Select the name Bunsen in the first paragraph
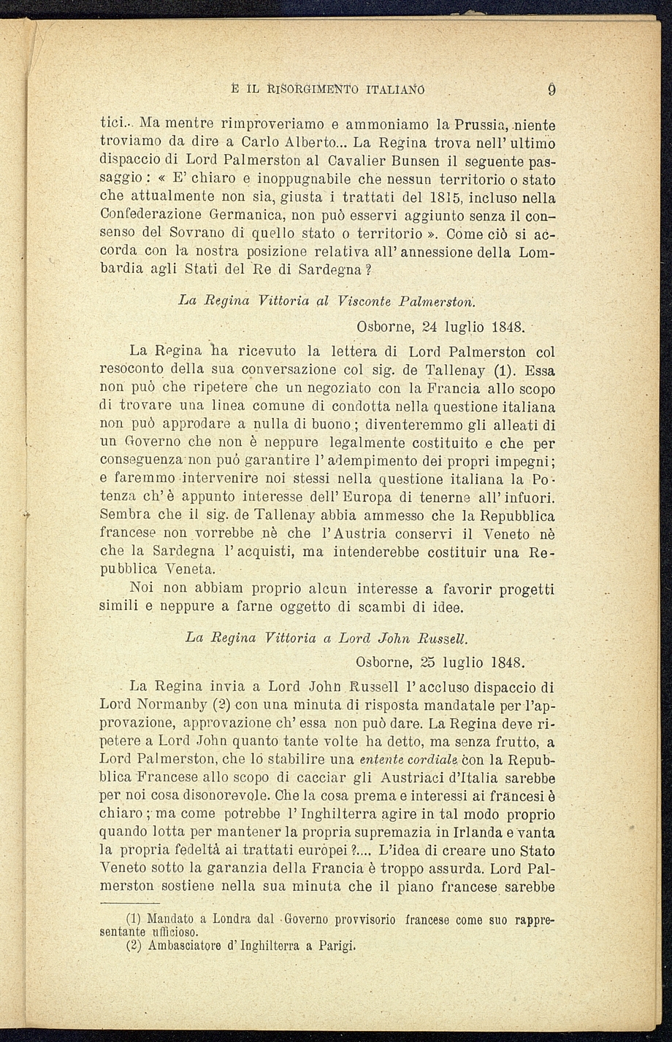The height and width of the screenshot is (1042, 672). [x=394, y=162]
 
